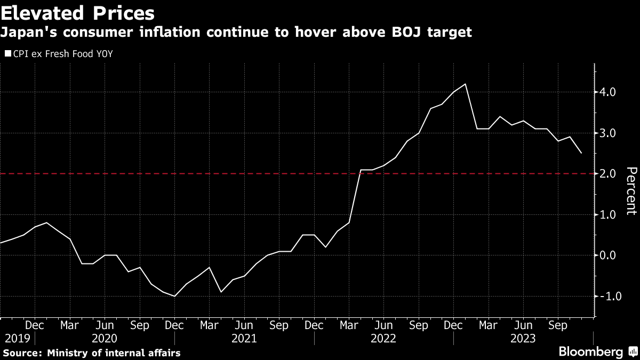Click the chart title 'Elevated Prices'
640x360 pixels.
coord(78,12)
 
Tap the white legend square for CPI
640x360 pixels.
coord(7,53)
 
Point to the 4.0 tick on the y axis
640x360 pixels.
coord(608,92)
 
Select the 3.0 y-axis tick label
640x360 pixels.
coord(608,133)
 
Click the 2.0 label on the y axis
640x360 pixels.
coord(608,174)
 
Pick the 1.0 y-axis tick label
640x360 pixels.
coord(608,214)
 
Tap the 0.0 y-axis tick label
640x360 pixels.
coord(608,255)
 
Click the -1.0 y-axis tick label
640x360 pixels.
coord(606,296)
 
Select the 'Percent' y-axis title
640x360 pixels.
coord(631,191)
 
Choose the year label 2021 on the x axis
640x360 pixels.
coord(244,338)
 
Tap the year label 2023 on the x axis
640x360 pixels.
coord(523,338)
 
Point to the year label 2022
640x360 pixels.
coord(383,338)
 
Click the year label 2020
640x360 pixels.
coord(105,338)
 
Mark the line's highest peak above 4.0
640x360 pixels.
coord(466,84)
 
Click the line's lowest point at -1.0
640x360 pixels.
coord(174,296)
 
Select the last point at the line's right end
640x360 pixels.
coord(581,153)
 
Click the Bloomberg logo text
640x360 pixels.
coord(590,352)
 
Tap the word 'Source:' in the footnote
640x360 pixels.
coord(22,353)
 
